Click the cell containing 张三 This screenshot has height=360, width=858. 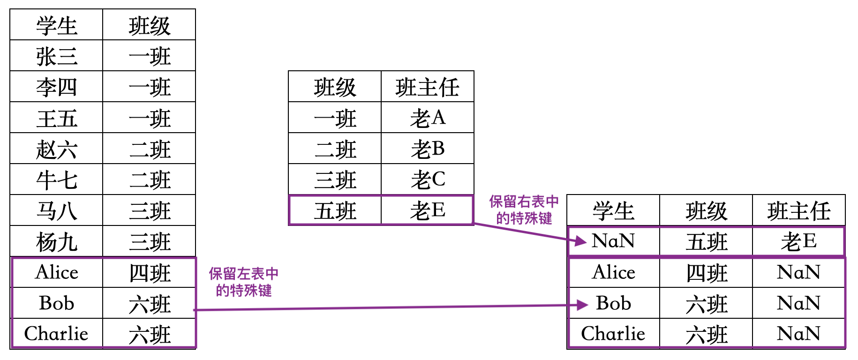[x=56, y=56]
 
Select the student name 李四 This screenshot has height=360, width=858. [x=56, y=87]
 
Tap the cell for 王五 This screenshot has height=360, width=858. [x=56, y=118]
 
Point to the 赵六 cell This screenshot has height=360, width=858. [x=56, y=149]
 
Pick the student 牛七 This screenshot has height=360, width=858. [x=56, y=180]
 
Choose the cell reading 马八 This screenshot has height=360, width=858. [x=56, y=211]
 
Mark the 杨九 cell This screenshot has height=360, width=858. [x=56, y=242]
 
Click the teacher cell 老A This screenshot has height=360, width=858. [x=428, y=118]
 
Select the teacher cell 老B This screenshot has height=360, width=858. [x=428, y=149]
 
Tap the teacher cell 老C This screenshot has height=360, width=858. [x=428, y=180]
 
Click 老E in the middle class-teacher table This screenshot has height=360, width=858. [x=428, y=210]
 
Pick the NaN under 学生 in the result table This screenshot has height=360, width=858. [x=613, y=241]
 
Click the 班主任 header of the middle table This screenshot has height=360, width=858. [x=428, y=87]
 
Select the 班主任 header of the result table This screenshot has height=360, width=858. [x=799, y=211]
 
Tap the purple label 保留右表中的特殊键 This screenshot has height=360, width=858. [x=524, y=210]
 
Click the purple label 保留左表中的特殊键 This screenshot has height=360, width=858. [x=243, y=282]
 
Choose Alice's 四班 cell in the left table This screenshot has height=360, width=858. [x=150, y=273]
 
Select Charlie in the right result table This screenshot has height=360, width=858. [x=613, y=334]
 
